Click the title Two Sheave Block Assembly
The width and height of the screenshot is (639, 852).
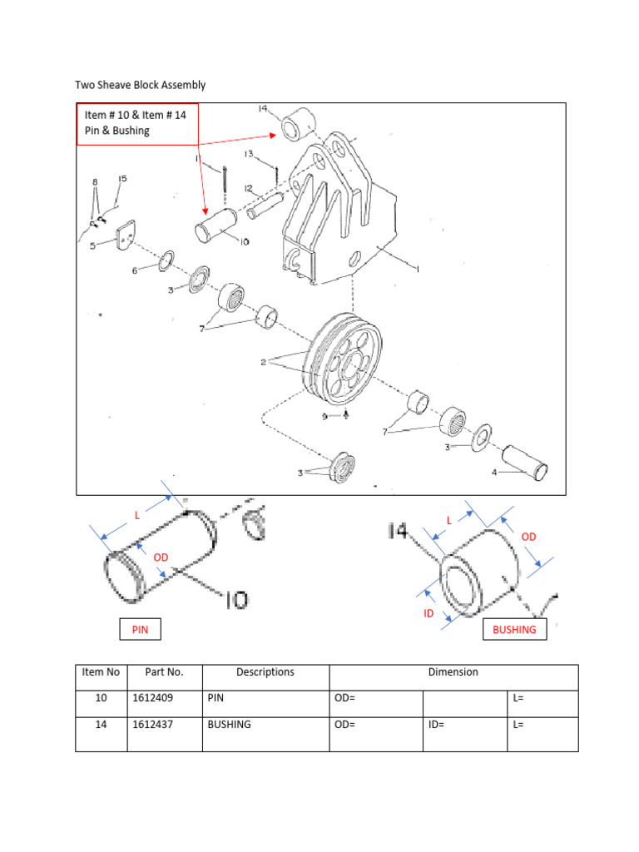[x=140, y=85]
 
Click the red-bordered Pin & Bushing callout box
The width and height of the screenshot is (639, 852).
[x=138, y=124]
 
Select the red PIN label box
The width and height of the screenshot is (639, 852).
[x=140, y=630]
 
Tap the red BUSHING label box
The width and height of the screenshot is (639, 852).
[x=514, y=630]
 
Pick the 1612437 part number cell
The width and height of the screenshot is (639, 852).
[x=164, y=725]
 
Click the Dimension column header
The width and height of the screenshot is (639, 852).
[x=453, y=672]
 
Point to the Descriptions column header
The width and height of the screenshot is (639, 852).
[x=265, y=672]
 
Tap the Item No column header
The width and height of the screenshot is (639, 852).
[x=102, y=672]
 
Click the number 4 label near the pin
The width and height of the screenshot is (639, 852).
[x=495, y=472]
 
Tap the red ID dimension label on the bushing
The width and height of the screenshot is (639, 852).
[x=429, y=613]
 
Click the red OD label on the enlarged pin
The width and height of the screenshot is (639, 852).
[x=160, y=556]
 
